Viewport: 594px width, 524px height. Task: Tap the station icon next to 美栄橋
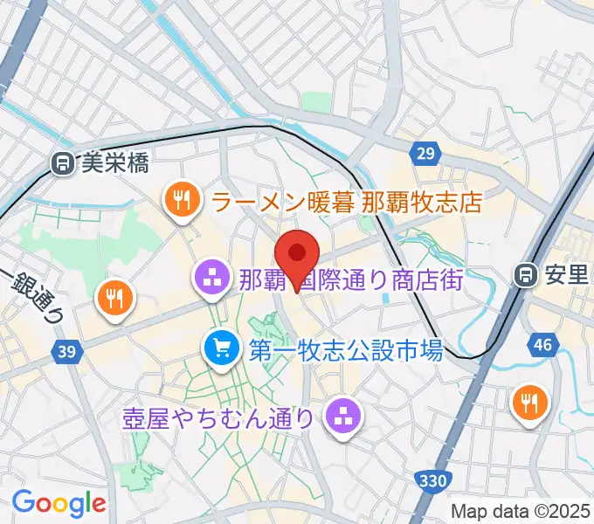click(x=62, y=162)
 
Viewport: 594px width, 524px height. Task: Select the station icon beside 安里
click(x=527, y=275)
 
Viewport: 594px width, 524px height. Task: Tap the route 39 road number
click(x=65, y=351)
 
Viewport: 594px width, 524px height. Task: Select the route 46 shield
click(x=542, y=345)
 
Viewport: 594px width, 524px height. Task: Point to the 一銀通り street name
click(x=33, y=296)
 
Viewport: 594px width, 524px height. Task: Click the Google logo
click(x=59, y=503)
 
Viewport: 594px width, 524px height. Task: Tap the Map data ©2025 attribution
click(x=520, y=511)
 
